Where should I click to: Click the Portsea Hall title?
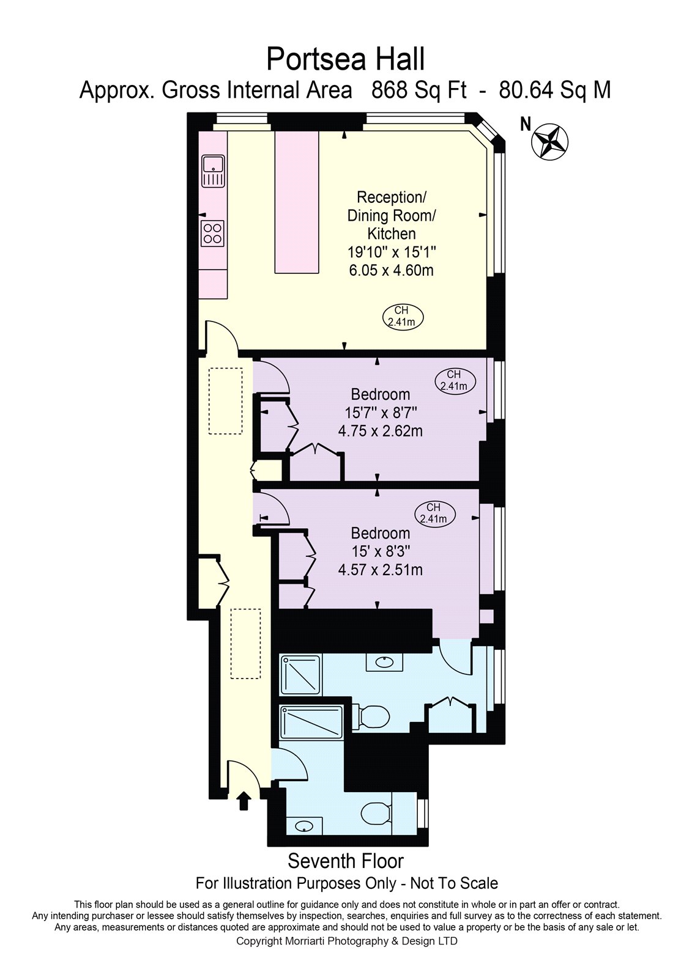345,59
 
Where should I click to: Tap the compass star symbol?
549,141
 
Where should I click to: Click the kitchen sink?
213,171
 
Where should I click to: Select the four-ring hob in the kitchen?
213,233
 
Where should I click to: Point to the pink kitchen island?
296,202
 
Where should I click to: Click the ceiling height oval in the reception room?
403,317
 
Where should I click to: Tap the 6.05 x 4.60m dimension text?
391,270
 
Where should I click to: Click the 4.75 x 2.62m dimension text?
381,431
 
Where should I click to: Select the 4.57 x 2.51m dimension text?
381,570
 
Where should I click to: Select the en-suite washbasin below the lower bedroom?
384,663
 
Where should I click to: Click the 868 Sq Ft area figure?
419,91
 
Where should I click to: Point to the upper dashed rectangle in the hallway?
225,401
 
